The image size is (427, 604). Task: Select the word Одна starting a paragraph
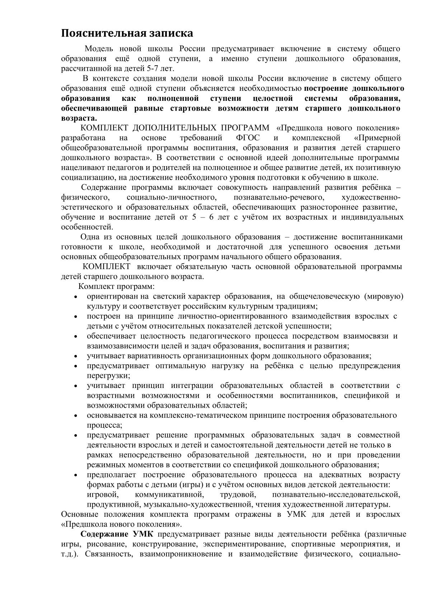pos(90,237)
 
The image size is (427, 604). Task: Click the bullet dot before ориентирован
pos(76,298)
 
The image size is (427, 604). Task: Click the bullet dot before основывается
pos(76,416)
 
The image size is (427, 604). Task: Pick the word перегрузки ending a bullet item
pos(107,376)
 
